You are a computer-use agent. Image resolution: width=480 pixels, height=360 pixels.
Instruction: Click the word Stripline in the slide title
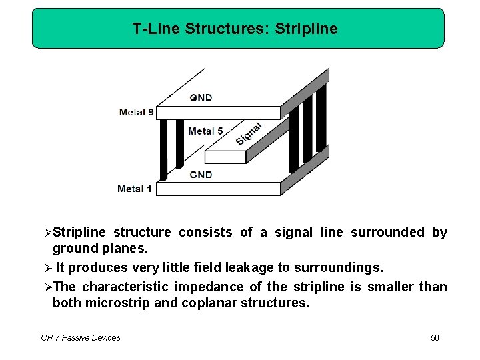pos(309,29)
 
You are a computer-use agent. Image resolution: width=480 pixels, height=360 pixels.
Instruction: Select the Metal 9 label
pos(136,112)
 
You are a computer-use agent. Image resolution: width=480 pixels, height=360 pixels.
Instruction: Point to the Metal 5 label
pos(205,131)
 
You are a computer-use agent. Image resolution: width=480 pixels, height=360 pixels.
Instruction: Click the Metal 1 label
pos(134,189)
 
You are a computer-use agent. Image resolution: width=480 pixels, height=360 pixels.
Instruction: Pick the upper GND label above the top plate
pos(201,97)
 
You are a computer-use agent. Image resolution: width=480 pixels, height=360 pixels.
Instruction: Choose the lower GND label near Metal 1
pos(201,175)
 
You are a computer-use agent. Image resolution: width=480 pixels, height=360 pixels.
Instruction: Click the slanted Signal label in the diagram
pos(249,133)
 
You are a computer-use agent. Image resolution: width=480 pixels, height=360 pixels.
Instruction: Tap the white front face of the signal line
pos(225,157)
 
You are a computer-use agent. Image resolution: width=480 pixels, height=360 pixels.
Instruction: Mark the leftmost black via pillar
pos(163,149)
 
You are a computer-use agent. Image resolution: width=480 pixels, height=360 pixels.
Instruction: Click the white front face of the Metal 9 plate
pos(218,113)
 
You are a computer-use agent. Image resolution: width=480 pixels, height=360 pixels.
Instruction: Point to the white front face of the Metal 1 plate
pos(218,189)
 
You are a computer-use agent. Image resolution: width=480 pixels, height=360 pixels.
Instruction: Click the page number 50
pos(435,338)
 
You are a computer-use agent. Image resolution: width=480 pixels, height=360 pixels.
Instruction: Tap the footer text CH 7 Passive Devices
pos(81,338)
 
